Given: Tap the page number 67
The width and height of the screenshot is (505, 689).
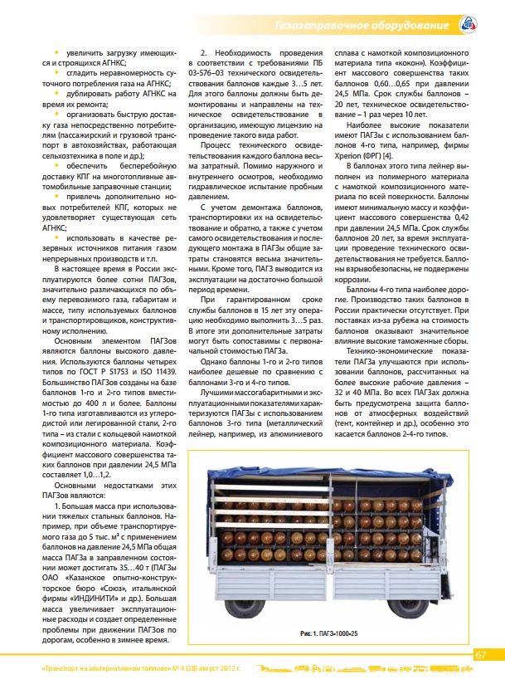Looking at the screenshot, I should pos(480,654).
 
